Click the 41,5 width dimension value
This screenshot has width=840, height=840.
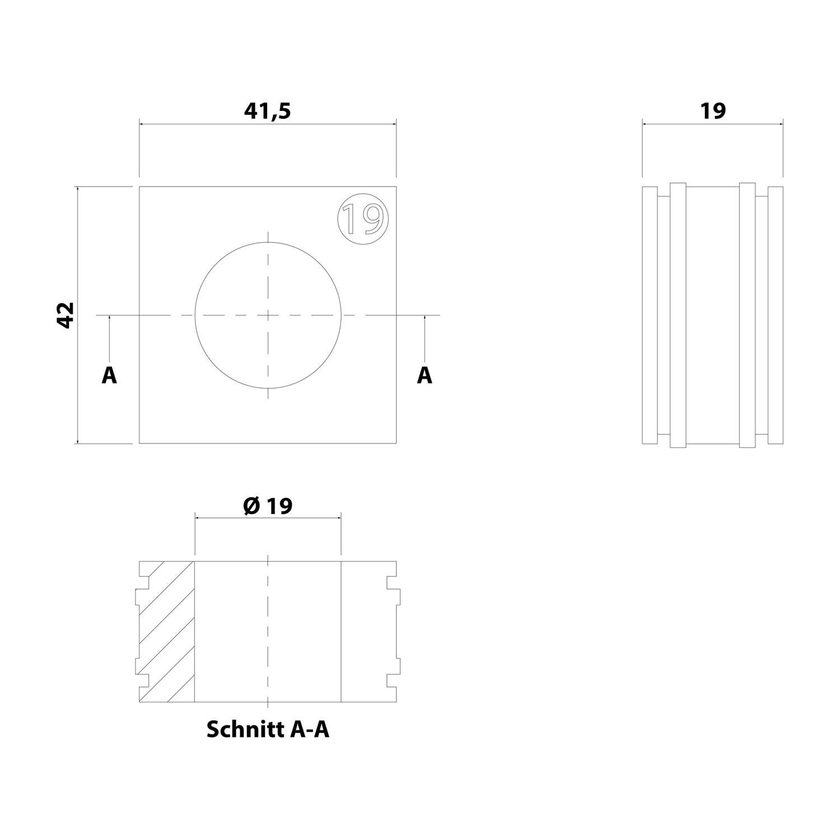tap(268, 111)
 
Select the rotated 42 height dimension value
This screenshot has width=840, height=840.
tap(66, 315)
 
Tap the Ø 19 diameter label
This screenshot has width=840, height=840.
tap(268, 506)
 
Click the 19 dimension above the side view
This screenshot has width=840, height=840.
tap(713, 111)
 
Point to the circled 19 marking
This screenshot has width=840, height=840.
tap(363, 218)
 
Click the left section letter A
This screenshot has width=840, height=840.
tap(109, 375)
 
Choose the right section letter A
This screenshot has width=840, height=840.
tap(424, 375)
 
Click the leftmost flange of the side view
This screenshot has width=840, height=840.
tap(650, 315)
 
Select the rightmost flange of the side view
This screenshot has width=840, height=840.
tap(776, 315)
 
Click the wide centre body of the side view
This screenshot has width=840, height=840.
tap(713, 315)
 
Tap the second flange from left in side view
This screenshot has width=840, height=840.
tap(678, 315)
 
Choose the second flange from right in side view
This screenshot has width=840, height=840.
tap(748, 315)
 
